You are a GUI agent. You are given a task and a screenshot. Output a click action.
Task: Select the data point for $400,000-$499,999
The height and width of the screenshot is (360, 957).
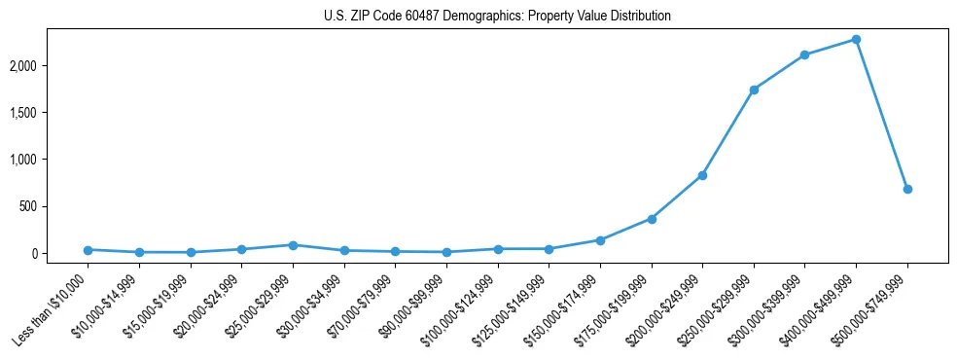tap(856, 39)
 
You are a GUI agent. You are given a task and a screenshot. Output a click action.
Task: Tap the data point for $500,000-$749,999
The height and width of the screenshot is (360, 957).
tap(907, 189)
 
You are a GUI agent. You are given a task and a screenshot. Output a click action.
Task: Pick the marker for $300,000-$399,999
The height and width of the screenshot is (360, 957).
tap(804, 54)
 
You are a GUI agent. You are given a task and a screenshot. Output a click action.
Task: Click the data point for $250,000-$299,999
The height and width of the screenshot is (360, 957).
tap(754, 90)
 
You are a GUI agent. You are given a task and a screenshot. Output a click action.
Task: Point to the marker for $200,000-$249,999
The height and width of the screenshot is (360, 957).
tap(702, 175)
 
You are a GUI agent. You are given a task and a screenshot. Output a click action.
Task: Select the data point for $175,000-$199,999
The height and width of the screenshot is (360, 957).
tap(652, 219)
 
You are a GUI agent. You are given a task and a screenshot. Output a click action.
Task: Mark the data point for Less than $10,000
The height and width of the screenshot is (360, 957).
tap(88, 250)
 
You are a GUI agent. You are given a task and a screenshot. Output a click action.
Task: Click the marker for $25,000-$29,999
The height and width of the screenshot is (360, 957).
tap(293, 245)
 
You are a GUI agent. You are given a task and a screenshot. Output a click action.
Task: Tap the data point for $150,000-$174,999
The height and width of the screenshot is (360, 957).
tap(600, 240)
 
